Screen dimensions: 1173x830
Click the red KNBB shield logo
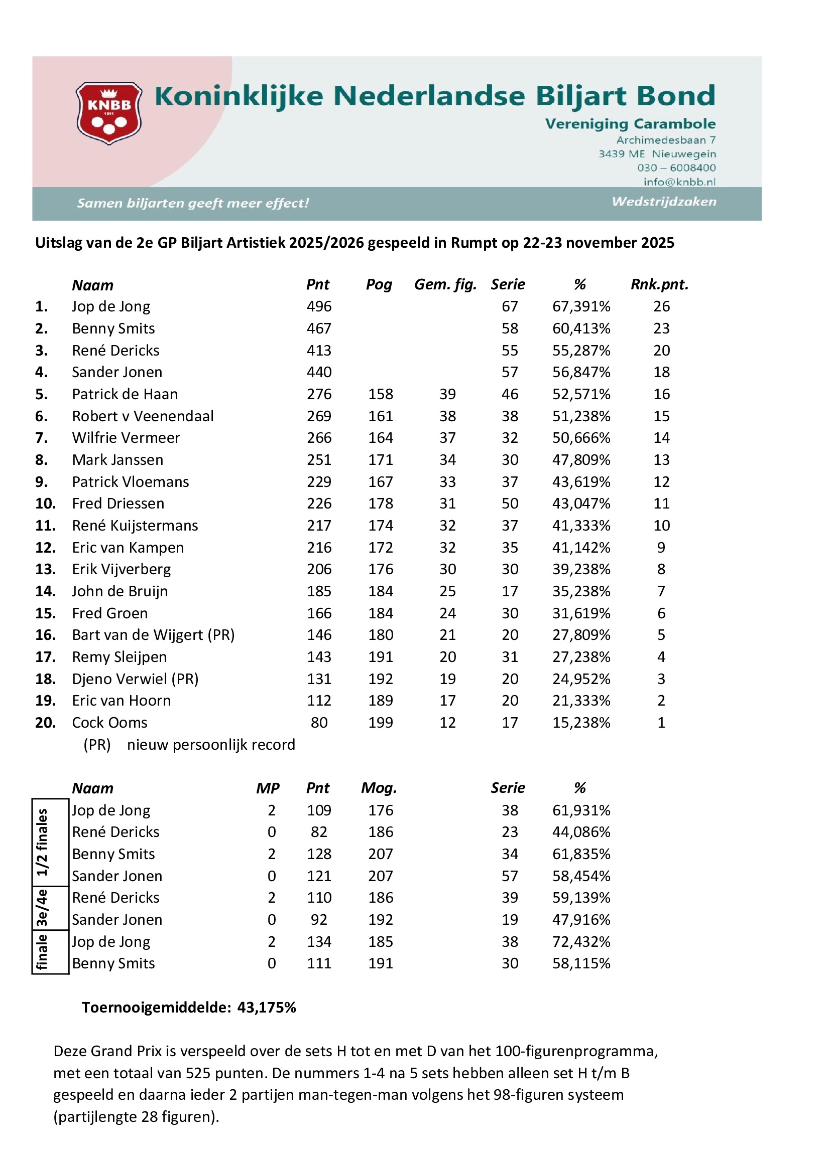pyautogui.click(x=108, y=113)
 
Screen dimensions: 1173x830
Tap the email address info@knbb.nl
pyautogui.click(x=679, y=182)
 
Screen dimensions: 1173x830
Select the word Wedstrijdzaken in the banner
pyautogui.click(x=664, y=201)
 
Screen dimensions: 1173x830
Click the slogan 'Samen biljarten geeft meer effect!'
pyautogui.click(x=193, y=203)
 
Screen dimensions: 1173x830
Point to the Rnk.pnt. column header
pyautogui.click(x=659, y=284)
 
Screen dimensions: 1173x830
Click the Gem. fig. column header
pyautogui.click(x=445, y=284)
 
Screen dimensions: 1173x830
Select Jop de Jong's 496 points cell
pyautogui.click(x=319, y=306)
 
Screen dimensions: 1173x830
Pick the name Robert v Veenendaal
pyautogui.click(x=143, y=416)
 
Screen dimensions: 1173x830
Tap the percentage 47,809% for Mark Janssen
pyautogui.click(x=581, y=460)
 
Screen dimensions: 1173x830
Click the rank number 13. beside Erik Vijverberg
pyautogui.click(x=45, y=569)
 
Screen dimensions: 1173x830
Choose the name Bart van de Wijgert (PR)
pyautogui.click(x=153, y=634)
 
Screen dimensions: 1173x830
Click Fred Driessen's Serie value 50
pyautogui.click(x=509, y=503)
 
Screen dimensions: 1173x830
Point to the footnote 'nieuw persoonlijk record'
pyautogui.click(x=211, y=745)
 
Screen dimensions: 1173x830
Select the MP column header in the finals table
pyautogui.click(x=268, y=788)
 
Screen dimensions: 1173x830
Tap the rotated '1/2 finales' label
pyautogui.click(x=42, y=842)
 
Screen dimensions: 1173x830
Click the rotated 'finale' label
pyautogui.click(x=42, y=952)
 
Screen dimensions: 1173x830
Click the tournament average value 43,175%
pyautogui.click(x=267, y=1008)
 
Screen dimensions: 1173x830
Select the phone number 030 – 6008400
pyautogui.click(x=676, y=167)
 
